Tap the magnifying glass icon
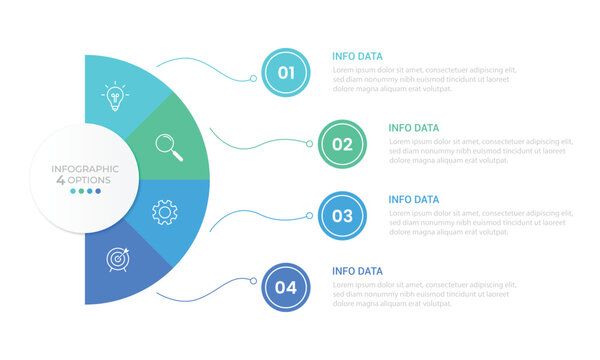click(169, 148)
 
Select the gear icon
click(165, 212)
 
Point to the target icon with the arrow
click(118, 259)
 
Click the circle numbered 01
click(286, 72)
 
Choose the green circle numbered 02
click(342, 144)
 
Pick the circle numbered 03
click(342, 215)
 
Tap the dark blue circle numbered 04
click(286, 288)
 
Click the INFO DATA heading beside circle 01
click(357, 56)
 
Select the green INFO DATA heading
click(413, 128)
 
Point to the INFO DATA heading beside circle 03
click(413, 200)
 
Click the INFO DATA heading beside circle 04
click(357, 271)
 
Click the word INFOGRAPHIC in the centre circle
click(85, 169)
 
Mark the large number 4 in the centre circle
click(61, 180)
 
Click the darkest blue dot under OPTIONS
click(98, 191)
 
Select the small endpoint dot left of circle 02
click(309, 144)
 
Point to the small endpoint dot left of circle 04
click(253, 288)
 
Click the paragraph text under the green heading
click(480, 151)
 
